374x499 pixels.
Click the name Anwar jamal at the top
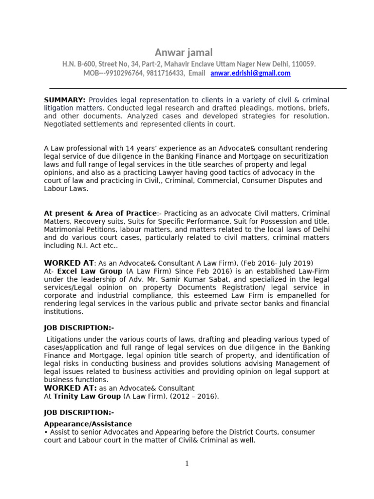(184, 52)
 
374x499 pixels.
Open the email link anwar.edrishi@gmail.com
(250, 73)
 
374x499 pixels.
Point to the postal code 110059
(302, 64)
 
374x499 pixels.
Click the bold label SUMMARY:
(65, 100)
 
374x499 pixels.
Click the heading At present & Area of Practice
(100, 213)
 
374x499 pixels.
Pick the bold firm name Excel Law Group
(90, 271)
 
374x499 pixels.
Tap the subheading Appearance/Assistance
(88, 424)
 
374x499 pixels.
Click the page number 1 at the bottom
(187, 463)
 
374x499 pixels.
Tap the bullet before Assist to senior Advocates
(46, 432)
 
